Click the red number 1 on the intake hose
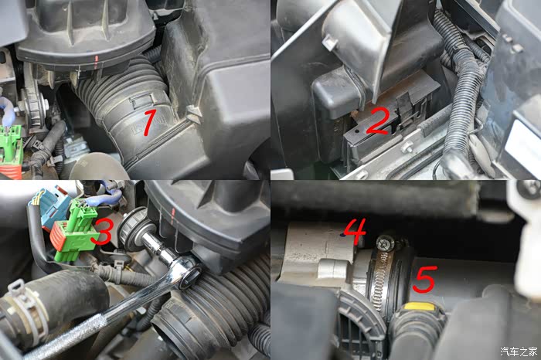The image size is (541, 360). (149, 121)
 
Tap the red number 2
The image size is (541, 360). (378, 122)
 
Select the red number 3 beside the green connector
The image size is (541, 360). (100, 233)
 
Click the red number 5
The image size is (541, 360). (424, 280)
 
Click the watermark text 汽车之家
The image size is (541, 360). (519, 352)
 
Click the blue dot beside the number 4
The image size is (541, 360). (342, 235)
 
